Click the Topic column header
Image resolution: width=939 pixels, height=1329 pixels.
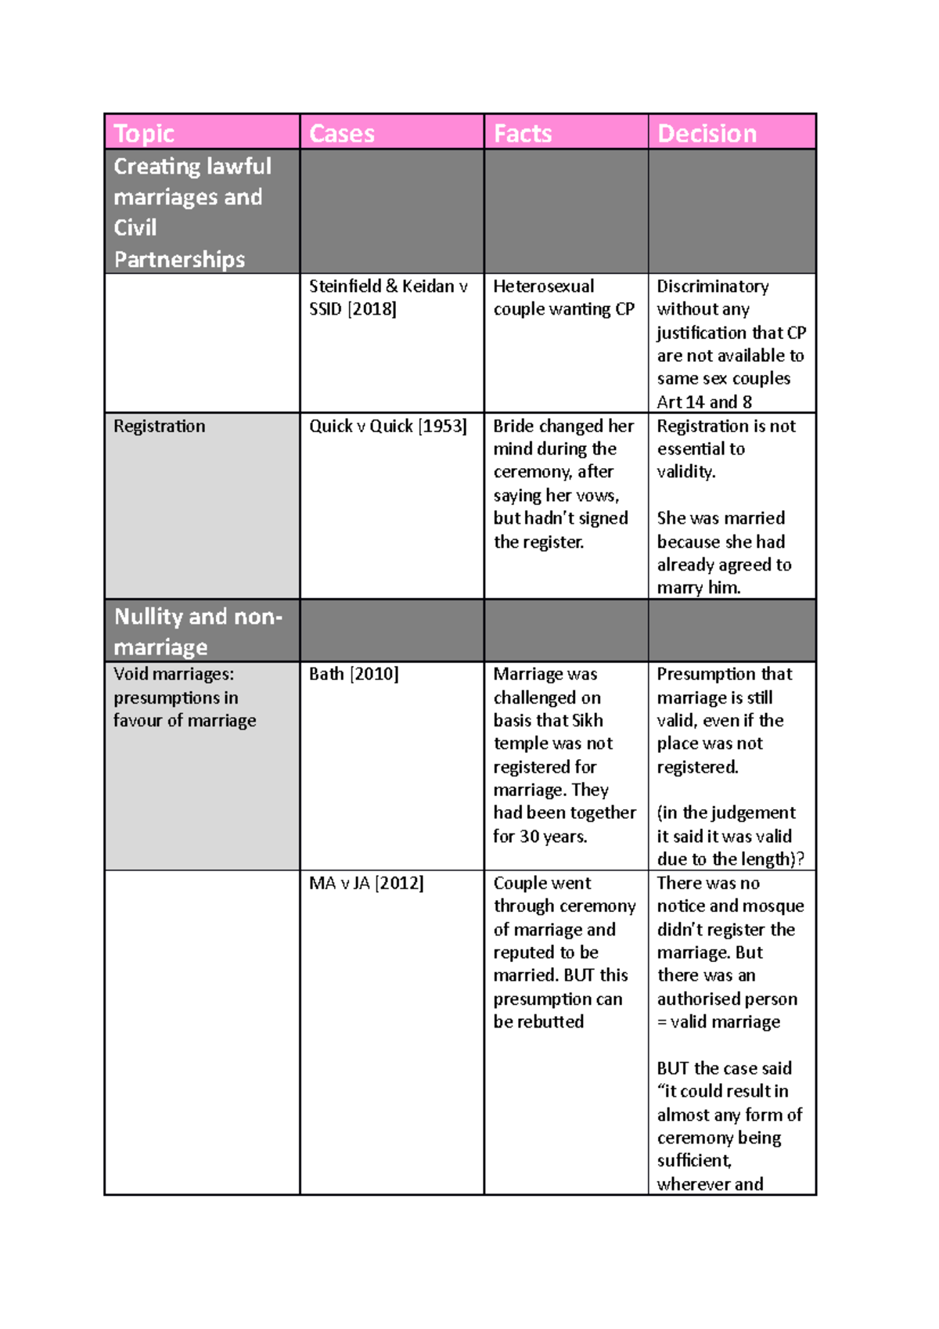click(x=144, y=134)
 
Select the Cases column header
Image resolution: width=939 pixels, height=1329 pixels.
click(x=342, y=134)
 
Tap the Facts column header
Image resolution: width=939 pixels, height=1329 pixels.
click(x=523, y=134)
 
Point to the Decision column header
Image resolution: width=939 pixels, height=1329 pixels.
click(x=707, y=134)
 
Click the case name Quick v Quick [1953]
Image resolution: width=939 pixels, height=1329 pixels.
click(x=387, y=427)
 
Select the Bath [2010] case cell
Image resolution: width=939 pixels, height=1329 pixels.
click(x=354, y=674)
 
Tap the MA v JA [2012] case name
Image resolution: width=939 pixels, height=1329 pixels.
click(x=366, y=884)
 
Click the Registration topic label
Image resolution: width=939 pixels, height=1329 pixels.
click(x=160, y=427)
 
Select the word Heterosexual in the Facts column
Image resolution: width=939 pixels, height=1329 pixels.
click(x=543, y=286)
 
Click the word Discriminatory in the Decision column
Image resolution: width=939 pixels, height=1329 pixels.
click(x=712, y=286)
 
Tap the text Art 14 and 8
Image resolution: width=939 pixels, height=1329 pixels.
click(x=704, y=402)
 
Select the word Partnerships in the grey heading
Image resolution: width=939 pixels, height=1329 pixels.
click(x=179, y=259)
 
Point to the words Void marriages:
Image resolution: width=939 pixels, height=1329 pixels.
click(x=174, y=674)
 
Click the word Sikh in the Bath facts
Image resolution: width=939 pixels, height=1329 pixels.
click(x=588, y=720)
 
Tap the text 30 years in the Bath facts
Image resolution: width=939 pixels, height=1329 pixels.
click(x=553, y=837)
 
